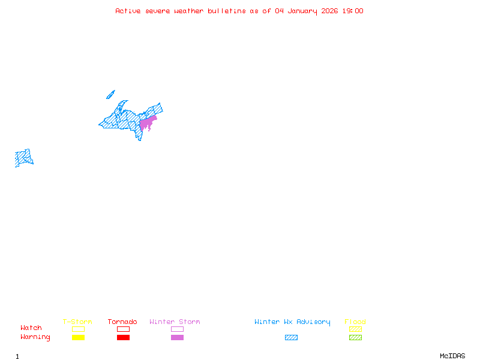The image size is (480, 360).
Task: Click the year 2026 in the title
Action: (330, 11)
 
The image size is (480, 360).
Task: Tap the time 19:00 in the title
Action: (353, 11)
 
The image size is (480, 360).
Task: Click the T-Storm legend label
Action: (77, 322)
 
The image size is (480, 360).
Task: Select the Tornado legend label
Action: (122, 322)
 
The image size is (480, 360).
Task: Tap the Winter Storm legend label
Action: (175, 322)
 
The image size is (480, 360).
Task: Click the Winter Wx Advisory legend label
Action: (292, 322)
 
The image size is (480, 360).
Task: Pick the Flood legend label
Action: (355, 322)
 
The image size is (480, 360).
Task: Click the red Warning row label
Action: (35, 337)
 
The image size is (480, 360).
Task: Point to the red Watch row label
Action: (31, 328)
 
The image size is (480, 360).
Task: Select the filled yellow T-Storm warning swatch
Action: (78, 337)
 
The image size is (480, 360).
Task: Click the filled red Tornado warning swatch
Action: (123, 337)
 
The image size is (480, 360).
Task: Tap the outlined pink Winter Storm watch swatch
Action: (177, 329)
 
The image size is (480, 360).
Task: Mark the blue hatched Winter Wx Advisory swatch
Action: (291, 337)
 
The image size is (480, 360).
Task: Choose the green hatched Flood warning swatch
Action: (355, 337)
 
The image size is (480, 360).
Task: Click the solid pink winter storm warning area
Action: (146, 122)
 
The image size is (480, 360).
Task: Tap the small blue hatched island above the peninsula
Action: (110, 94)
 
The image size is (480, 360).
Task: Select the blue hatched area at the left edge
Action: (23, 158)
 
